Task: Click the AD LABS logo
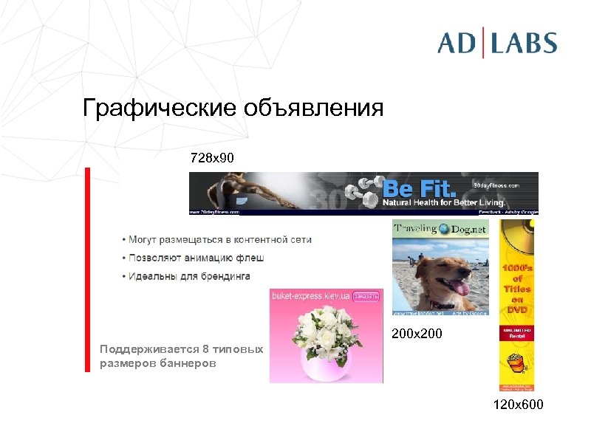[496, 42]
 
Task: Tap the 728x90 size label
[213, 158]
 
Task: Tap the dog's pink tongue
[461, 286]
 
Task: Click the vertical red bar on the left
[87, 266]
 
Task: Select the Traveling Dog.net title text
[440, 229]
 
